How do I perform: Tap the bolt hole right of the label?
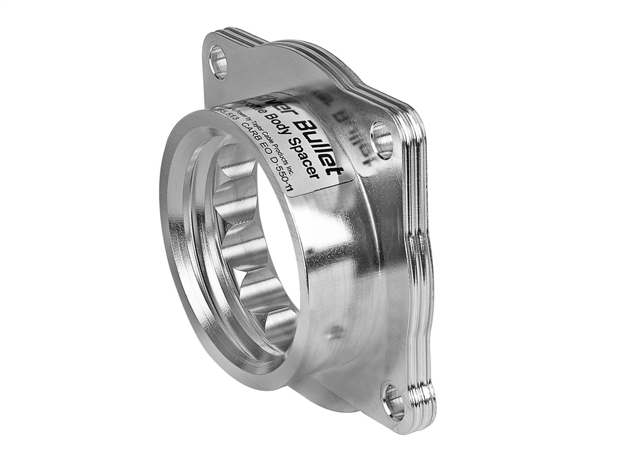tap(382, 140)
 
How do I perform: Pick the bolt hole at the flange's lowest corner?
tap(394, 402)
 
